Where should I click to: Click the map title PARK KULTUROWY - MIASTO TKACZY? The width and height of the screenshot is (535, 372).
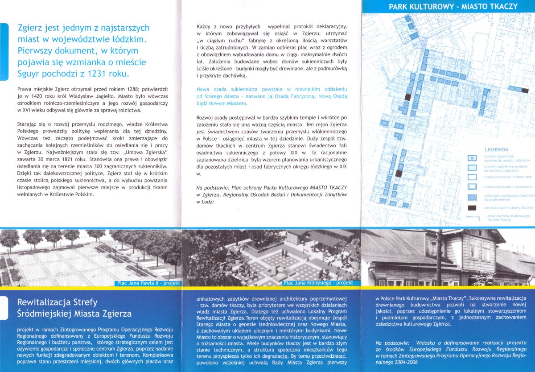point(453,7)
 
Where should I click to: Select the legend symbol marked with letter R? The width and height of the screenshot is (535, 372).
point(472,158)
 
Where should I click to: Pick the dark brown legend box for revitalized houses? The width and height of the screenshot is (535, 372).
point(473,207)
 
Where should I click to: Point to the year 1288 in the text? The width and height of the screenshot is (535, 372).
point(121,89)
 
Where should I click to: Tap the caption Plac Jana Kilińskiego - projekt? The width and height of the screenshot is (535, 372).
point(318,283)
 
